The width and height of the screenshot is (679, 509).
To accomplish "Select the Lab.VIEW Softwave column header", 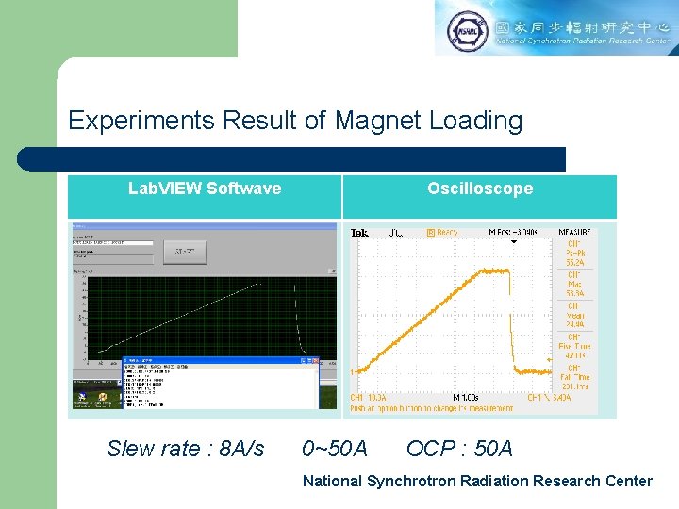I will click(205, 189).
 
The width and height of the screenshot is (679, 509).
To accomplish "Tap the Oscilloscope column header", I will click(479, 189).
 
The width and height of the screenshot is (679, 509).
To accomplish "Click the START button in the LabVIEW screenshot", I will click(190, 252).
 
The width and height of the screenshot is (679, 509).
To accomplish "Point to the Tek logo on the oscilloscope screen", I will click(359, 232).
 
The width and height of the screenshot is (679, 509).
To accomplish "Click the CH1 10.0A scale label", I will click(369, 398).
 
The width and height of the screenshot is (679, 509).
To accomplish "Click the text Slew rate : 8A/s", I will click(186, 448).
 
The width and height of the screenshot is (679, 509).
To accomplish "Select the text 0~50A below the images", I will click(335, 448).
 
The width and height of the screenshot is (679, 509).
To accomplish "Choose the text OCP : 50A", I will click(459, 448).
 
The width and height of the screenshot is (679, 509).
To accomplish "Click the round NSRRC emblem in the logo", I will click(467, 30).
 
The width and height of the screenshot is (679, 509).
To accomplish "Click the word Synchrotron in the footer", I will click(408, 481).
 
